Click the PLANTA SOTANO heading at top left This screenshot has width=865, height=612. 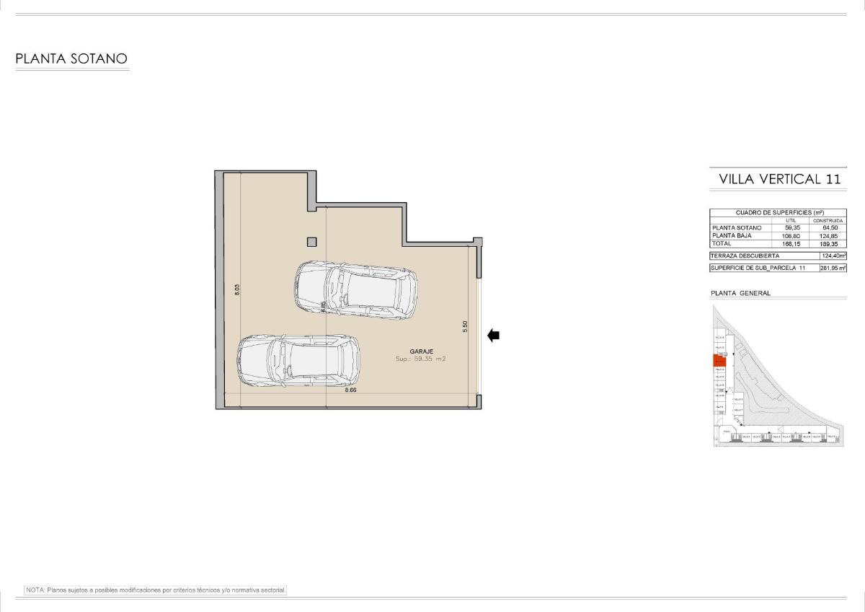(71, 59)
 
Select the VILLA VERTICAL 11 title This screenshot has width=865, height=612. (779, 179)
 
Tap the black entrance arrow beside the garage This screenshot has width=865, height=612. (494, 335)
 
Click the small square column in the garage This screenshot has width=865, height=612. (311, 242)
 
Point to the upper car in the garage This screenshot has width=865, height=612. (356, 290)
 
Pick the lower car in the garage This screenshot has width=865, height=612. (298, 362)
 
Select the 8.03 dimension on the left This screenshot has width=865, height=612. (237, 289)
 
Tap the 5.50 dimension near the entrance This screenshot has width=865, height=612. (465, 326)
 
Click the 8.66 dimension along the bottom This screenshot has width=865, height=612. (350, 390)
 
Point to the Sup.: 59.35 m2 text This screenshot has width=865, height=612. (421, 359)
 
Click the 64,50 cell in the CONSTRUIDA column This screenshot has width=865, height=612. (829, 227)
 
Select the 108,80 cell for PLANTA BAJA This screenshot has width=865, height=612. (791, 235)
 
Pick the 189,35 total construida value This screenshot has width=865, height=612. (829, 244)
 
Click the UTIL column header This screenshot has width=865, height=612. (791, 220)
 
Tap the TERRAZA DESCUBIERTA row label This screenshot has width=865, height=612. (745, 255)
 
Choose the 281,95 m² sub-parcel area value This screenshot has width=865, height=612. (833, 268)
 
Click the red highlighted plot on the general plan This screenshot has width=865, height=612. (719, 361)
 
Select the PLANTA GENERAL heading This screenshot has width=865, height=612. (740, 293)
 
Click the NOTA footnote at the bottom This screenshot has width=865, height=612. (156, 590)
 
